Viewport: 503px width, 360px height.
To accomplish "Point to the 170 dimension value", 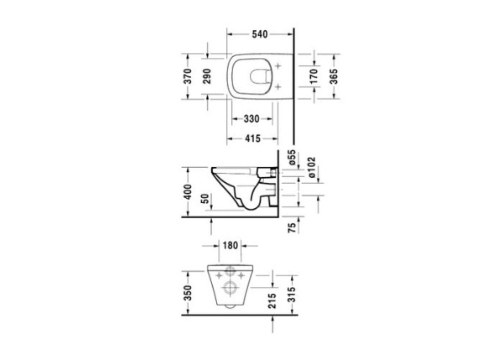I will pyautogui.click(x=314, y=77).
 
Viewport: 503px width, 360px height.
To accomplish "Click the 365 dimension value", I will pyautogui.click(x=334, y=77).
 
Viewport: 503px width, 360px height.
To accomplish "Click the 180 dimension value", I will pyautogui.click(x=231, y=246).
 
